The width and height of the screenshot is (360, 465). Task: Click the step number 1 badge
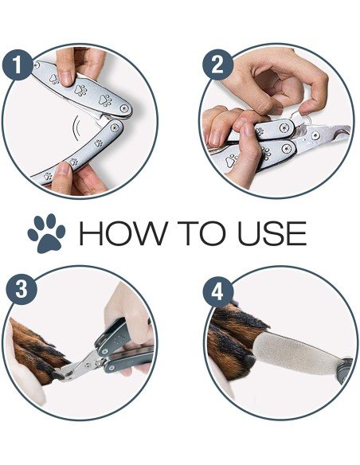click(18, 65)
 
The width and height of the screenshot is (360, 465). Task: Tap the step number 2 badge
click(218, 64)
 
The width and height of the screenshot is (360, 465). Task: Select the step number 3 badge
click(22, 290)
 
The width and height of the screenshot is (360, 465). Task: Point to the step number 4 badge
click(217, 293)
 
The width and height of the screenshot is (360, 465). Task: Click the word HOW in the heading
click(123, 233)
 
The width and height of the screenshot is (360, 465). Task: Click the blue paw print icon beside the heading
click(46, 233)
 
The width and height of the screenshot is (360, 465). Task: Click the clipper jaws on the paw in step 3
click(69, 372)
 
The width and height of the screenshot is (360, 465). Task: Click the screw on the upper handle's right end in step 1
click(124, 108)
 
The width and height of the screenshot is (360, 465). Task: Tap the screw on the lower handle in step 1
click(114, 127)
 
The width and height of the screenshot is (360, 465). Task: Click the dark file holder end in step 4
click(345, 370)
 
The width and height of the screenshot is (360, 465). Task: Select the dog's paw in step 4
click(234, 341)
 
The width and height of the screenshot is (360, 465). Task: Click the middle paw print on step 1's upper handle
click(80, 90)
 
